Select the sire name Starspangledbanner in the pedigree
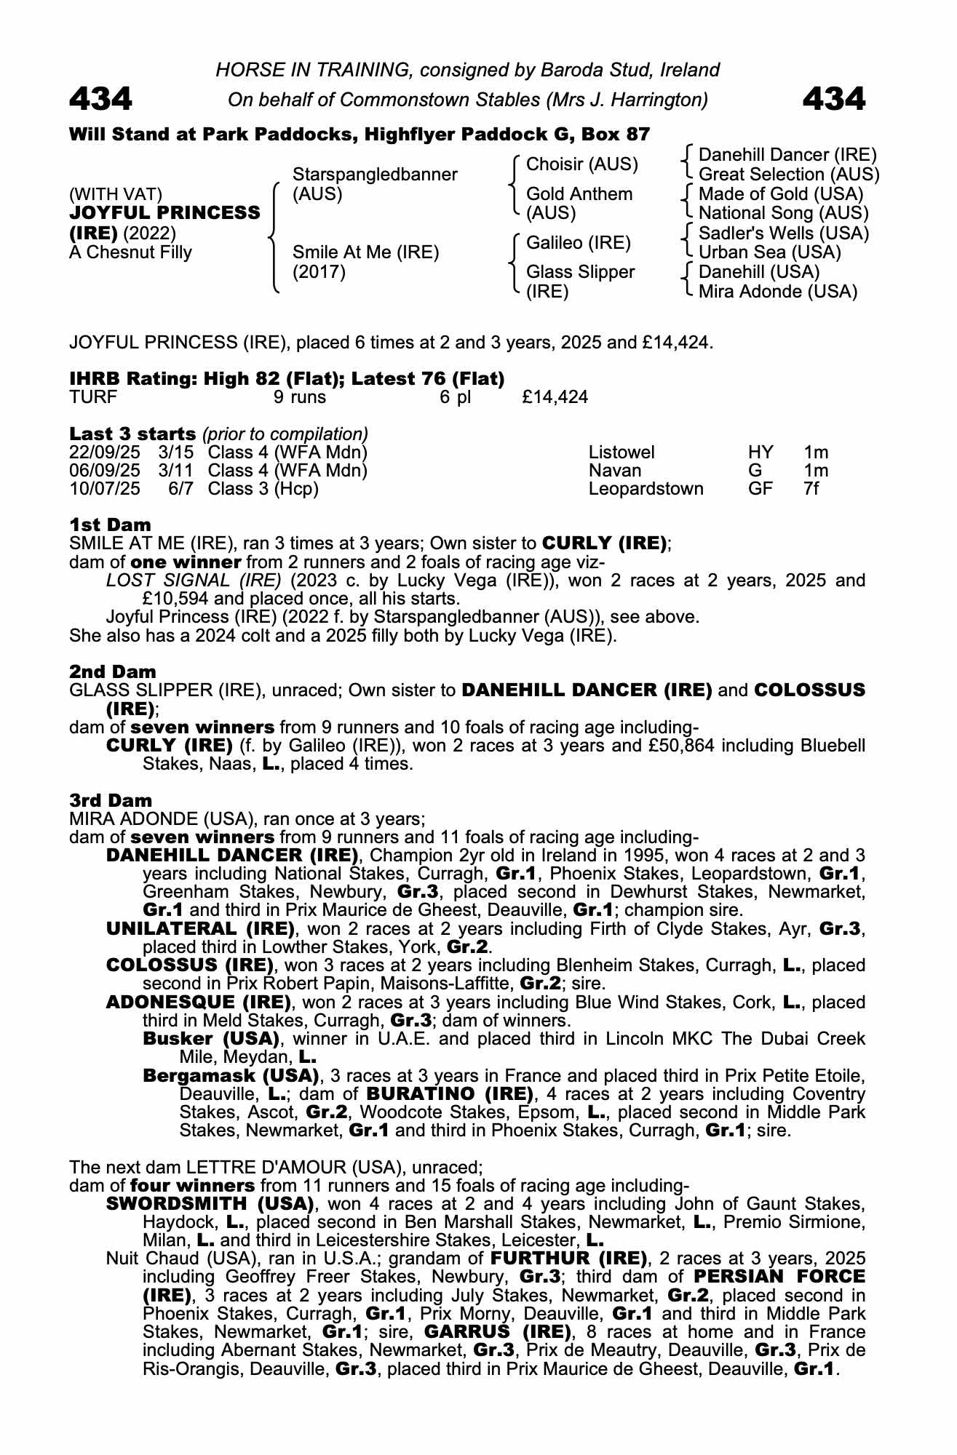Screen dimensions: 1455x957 (x=374, y=175)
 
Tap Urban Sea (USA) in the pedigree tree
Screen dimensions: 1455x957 (x=769, y=252)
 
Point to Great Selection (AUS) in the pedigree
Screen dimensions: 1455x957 (x=788, y=175)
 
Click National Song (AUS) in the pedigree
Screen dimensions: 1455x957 (x=783, y=213)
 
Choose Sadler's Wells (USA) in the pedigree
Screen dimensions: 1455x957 (x=783, y=234)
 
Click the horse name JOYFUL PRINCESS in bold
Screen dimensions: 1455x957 (x=164, y=213)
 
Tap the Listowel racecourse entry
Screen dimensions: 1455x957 (x=621, y=453)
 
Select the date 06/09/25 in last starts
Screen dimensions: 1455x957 (x=104, y=471)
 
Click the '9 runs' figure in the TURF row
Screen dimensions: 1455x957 (x=299, y=397)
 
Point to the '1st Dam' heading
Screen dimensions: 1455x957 (x=110, y=525)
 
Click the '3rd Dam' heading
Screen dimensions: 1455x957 (x=111, y=801)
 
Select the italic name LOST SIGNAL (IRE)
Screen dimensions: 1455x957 (x=194, y=581)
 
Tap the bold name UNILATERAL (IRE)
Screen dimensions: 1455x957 (x=200, y=929)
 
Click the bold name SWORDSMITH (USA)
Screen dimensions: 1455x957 (x=210, y=1204)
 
